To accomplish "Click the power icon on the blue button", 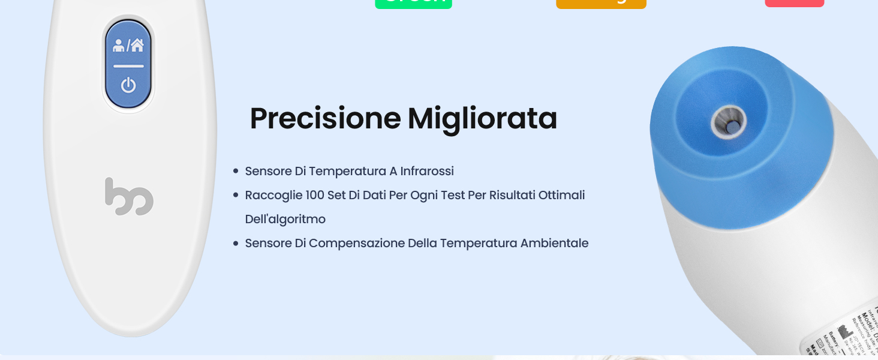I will pos(128,85).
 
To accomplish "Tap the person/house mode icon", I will pos(128,45).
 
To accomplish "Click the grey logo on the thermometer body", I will pos(129,196).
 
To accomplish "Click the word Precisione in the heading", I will pos(324,118).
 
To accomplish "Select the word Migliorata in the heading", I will pos(483,118).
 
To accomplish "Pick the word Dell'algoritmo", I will pos(285,219).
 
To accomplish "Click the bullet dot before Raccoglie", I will pos(236,196).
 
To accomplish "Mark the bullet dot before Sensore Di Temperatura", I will pos(236,172).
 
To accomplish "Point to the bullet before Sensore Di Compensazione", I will pos(236,244).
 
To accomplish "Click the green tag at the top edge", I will pos(413,4).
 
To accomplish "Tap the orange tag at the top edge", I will pos(601,4).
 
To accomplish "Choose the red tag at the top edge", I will pos(794,3).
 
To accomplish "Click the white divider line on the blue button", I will pos(128,65).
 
